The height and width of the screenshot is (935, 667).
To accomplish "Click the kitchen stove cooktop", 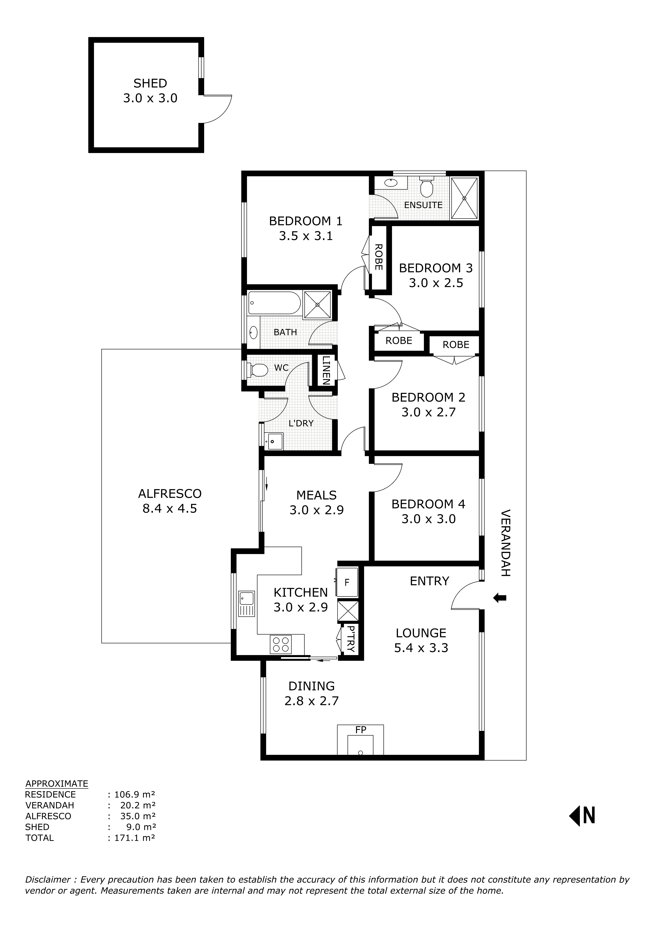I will point(280,644).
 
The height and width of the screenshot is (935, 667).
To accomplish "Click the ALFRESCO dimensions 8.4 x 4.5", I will point(170,509).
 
